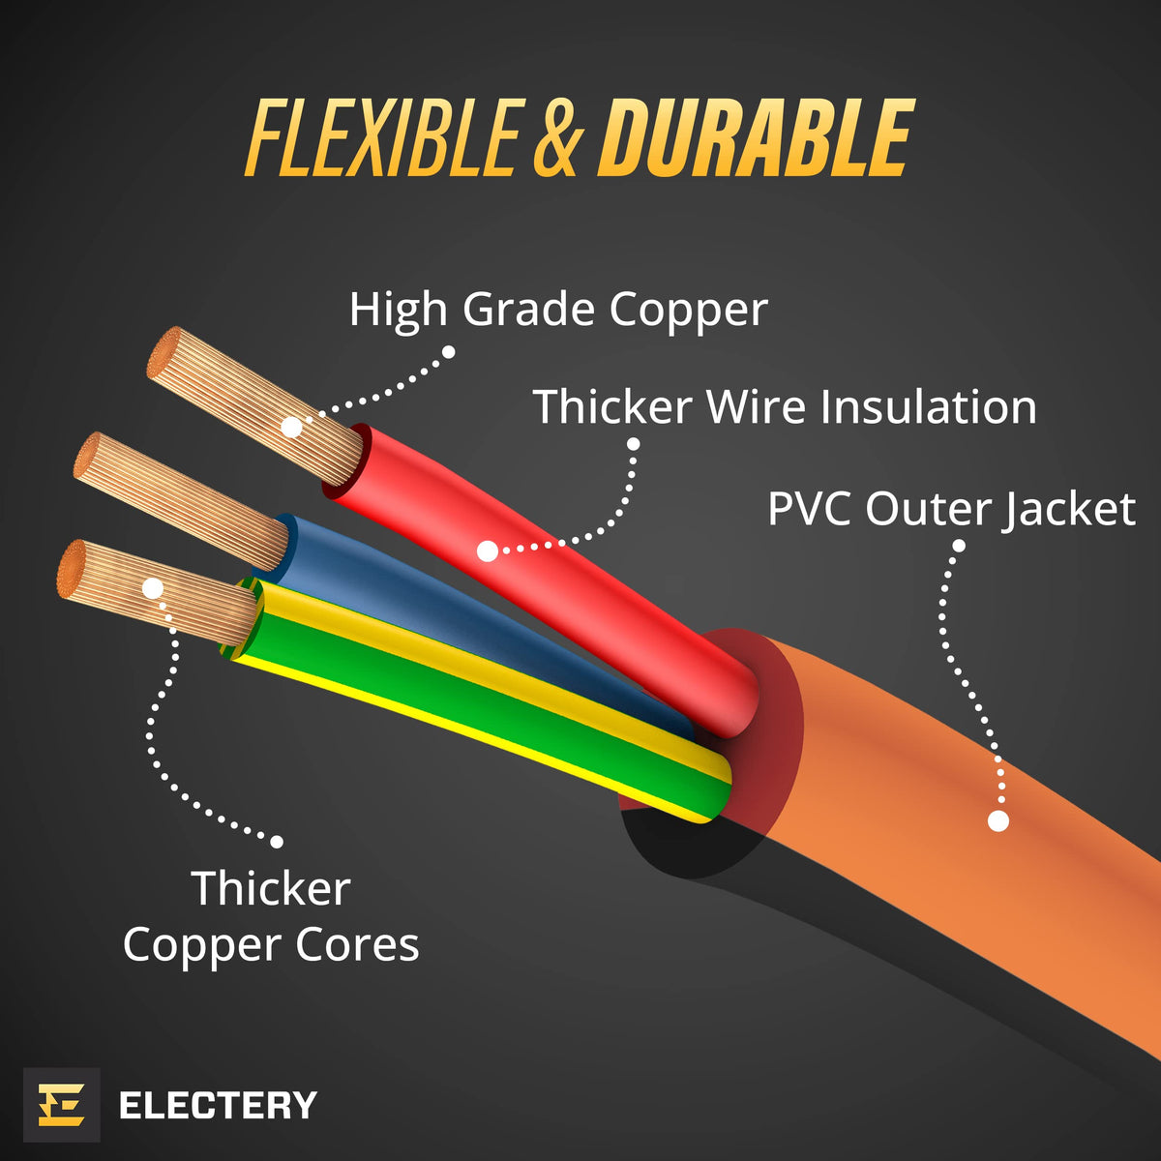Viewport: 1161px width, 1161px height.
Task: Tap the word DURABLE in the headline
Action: (x=757, y=137)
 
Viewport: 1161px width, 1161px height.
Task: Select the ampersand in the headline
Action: (x=559, y=138)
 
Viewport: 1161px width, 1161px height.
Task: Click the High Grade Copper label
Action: (x=558, y=309)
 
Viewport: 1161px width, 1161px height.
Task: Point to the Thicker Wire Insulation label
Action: (x=785, y=406)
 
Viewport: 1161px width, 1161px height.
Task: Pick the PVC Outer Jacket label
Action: (x=952, y=509)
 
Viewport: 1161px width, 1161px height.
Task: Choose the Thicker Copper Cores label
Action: (x=271, y=916)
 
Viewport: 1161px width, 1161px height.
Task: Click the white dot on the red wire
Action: (x=488, y=551)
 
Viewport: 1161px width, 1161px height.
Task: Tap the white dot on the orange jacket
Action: (x=998, y=820)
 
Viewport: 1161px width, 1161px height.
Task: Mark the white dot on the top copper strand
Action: (x=291, y=428)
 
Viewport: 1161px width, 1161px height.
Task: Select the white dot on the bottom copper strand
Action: (x=153, y=588)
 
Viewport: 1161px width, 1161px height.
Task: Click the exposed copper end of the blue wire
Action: (x=181, y=501)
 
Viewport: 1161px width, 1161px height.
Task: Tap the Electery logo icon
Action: (x=62, y=1104)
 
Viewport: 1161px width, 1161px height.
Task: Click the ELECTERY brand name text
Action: (x=218, y=1104)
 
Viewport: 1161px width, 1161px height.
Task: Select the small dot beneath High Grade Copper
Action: (x=448, y=352)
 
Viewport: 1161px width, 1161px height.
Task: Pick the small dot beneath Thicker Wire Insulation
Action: (x=633, y=444)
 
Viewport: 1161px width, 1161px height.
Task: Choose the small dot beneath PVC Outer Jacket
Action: (x=959, y=546)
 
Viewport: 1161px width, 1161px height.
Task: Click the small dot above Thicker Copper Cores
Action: (x=277, y=842)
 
